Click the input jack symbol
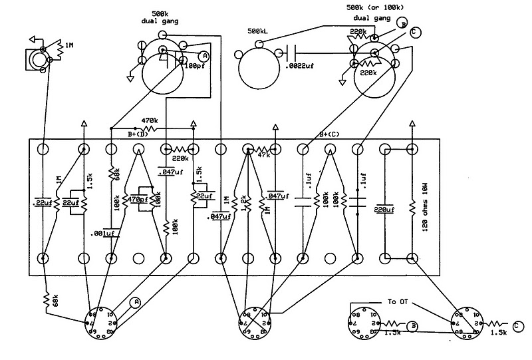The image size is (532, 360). tap(35, 60)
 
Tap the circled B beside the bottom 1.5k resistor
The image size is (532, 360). tap(413, 325)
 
